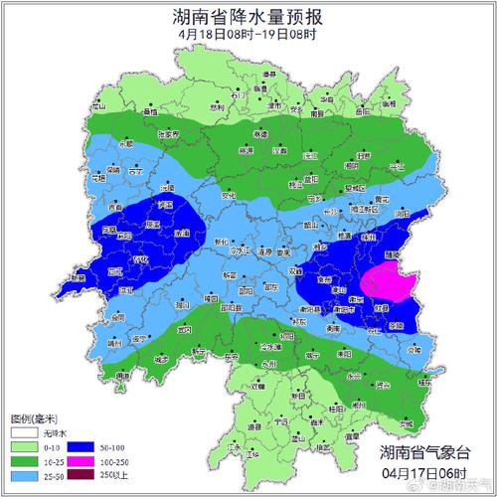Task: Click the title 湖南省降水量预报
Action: click(x=248, y=16)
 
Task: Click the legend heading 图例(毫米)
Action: click(x=31, y=418)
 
